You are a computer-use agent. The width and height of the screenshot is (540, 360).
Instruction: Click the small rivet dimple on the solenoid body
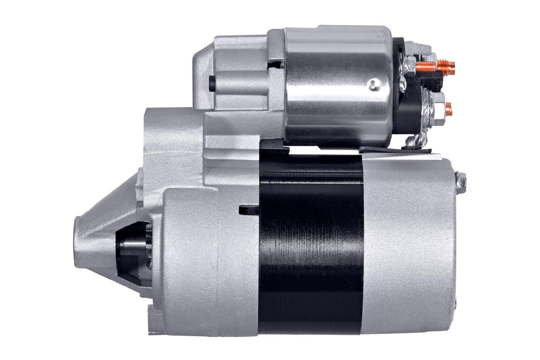(373, 85)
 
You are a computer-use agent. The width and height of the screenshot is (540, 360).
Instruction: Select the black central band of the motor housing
(311, 245)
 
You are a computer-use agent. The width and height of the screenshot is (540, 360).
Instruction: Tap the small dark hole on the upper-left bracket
(212, 83)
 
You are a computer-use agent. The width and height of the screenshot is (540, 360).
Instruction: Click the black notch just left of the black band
(248, 210)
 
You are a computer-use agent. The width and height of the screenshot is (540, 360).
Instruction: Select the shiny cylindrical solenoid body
(337, 85)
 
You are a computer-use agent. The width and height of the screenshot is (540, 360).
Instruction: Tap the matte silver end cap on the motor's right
(407, 245)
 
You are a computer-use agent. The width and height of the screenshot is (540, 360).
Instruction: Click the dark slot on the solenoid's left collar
(275, 63)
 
